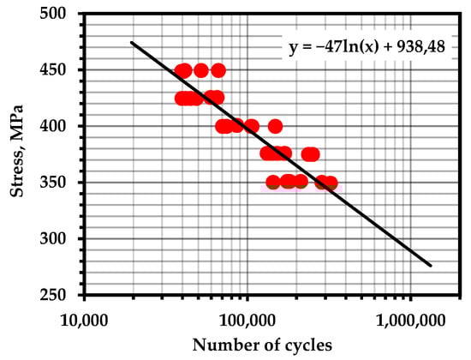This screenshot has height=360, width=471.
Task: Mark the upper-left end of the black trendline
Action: point(131,42)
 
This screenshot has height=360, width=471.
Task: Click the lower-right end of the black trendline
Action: point(431,266)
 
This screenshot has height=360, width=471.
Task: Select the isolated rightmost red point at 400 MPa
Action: point(275,126)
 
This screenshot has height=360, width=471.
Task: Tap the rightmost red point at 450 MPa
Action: point(218,70)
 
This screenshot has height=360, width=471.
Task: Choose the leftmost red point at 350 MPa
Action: point(273,183)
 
